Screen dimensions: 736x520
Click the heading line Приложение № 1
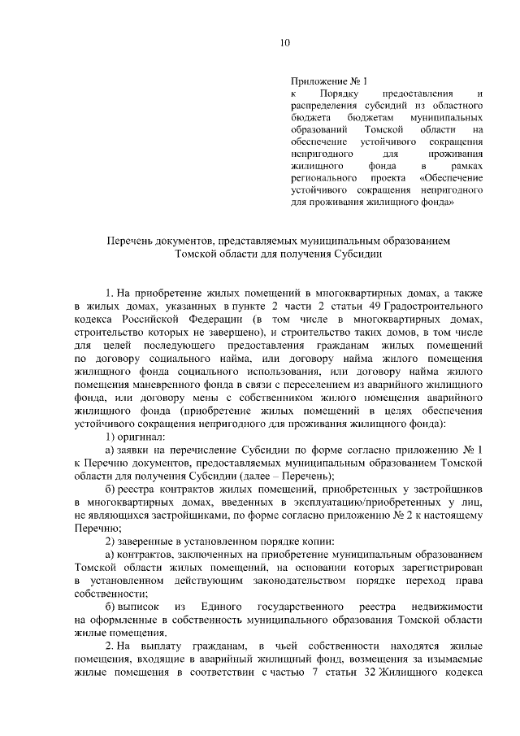point(329,81)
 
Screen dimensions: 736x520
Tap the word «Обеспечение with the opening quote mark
point(453,176)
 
